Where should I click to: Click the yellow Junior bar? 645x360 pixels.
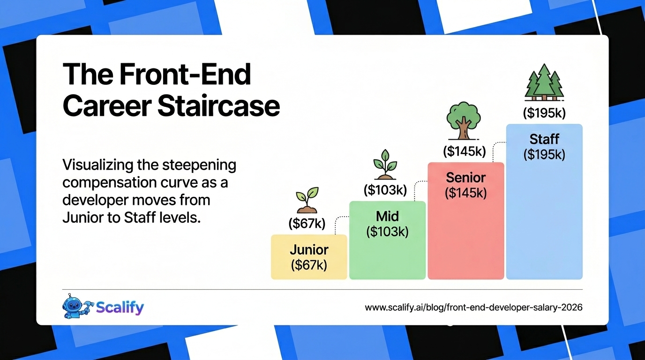tap(309, 257)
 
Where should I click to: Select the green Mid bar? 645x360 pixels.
tap(387, 240)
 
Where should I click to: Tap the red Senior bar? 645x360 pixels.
tap(466, 221)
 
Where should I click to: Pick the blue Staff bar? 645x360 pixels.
tap(544, 202)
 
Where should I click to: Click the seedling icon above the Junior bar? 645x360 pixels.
tap(307, 200)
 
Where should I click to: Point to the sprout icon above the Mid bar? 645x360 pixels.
tap(385, 164)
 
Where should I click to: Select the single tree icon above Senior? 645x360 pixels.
tap(463, 121)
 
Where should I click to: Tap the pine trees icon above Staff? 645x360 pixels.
tap(544, 82)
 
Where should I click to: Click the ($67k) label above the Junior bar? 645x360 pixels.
tap(307, 223)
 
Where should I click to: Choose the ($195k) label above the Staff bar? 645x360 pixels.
tap(544, 113)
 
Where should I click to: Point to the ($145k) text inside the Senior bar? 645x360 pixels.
tap(466, 193)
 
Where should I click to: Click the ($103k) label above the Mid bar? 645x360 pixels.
tap(385, 190)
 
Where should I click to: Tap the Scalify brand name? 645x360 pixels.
tap(120, 307)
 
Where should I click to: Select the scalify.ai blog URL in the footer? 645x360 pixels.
tap(473, 307)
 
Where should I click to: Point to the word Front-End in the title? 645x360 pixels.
tap(185, 74)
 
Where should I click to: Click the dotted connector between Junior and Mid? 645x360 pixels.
tap(341, 225)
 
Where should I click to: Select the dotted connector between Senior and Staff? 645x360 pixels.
tap(499, 152)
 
